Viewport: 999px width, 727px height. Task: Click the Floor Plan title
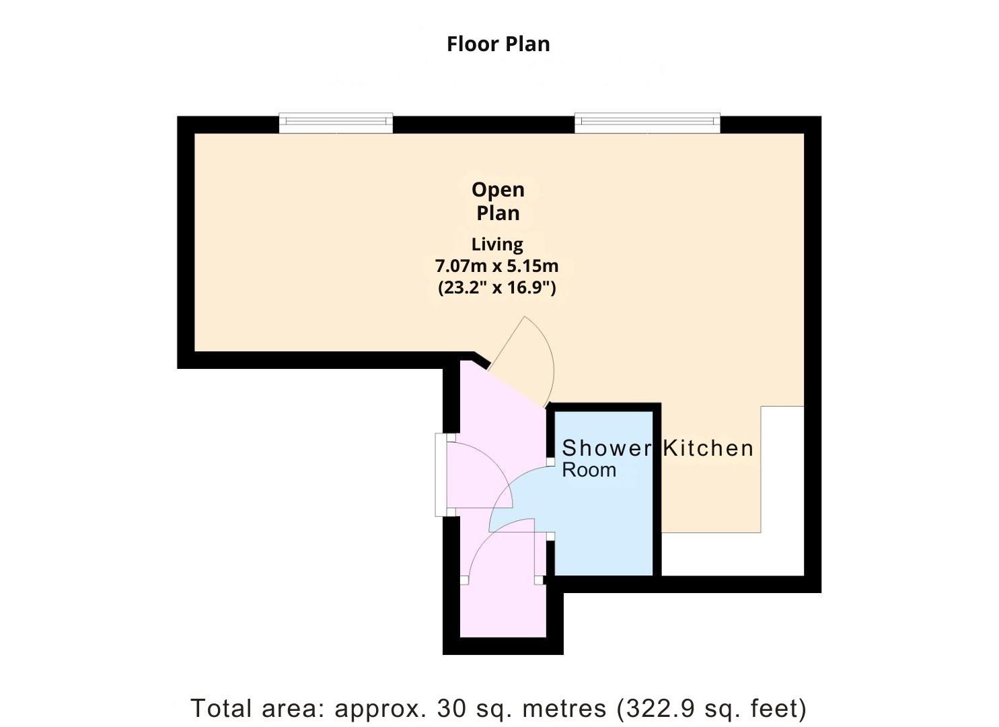[498, 44]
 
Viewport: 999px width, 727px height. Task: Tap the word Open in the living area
[498, 190]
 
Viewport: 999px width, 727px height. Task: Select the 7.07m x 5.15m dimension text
[497, 266]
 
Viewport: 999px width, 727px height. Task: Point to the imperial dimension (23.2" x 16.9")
[497, 287]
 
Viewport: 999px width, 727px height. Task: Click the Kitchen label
[708, 448]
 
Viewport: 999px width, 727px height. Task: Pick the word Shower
[607, 448]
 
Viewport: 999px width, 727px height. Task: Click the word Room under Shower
[589, 470]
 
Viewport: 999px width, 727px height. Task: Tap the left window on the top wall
[336, 123]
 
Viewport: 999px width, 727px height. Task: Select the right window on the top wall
[647, 123]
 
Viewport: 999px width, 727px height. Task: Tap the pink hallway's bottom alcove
[503, 611]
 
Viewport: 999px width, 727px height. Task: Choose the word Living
[497, 244]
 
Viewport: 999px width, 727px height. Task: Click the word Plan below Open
[498, 213]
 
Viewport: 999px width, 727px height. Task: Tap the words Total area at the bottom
[257, 708]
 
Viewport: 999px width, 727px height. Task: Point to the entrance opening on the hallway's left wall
[439, 475]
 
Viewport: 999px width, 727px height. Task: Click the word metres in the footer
[564, 708]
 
